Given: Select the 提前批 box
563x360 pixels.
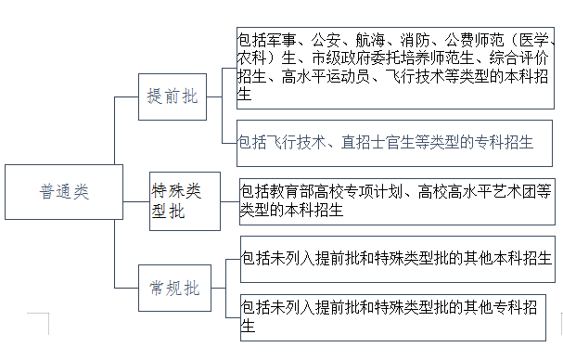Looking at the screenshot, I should pos(173,96).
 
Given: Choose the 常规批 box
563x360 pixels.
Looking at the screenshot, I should pos(173,288).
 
